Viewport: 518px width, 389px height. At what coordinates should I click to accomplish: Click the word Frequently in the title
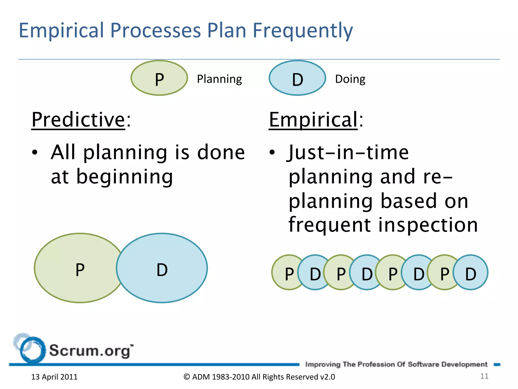coord(303,31)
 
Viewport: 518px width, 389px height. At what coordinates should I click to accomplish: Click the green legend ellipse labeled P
coord(159,78)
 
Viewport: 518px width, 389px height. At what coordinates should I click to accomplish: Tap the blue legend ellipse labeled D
coord(297,78)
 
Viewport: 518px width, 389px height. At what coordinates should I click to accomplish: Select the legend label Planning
coord(219,79)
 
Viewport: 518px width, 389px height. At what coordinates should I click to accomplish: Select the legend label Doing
coord(350,79)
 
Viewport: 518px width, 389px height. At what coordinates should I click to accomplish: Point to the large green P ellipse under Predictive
coord(76,268)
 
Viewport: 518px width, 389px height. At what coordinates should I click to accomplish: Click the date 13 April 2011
coord(54,377)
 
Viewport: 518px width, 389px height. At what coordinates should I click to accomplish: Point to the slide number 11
coord(484,376)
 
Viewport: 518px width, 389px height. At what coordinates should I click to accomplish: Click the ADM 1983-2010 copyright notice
coord(259,377)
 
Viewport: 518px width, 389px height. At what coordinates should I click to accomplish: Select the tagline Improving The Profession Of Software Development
coord(396,364)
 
